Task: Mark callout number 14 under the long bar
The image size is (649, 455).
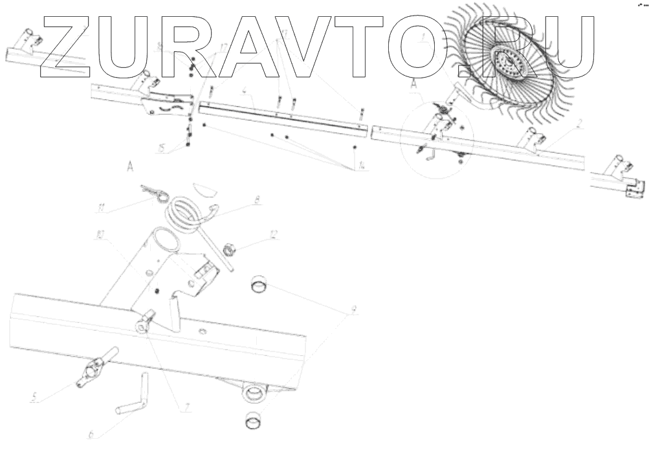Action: tap(359, 168)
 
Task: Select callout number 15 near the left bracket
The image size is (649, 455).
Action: tap(160, 148)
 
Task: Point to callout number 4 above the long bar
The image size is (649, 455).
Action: tap(243, 93)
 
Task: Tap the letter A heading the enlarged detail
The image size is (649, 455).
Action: tap(130, 168)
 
